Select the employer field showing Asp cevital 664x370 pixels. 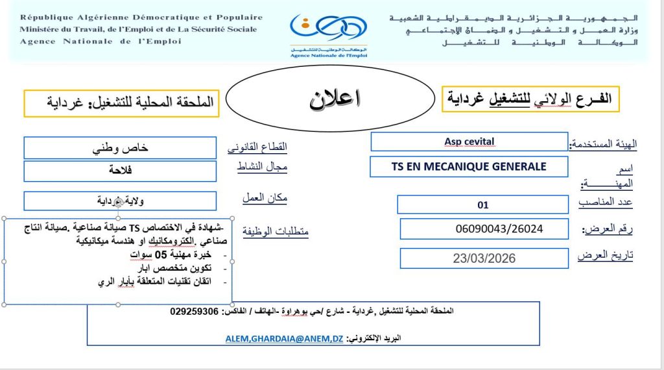(x=469, y=142)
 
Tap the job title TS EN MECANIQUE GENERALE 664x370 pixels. (x=469, y=167)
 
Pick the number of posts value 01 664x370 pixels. (x=482, y=205)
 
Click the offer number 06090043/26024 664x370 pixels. (x=499, y=228)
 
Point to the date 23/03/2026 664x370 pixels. (x=484, y=258)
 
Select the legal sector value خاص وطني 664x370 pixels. (x=120, y=147)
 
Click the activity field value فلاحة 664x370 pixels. (x=120, y=171)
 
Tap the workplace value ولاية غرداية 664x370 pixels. (x=120, y=201)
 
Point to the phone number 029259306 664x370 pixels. (x=195, y=311)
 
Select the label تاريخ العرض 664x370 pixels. (x=605, y=255)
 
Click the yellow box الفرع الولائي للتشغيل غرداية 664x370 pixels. (x=530, y=99)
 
